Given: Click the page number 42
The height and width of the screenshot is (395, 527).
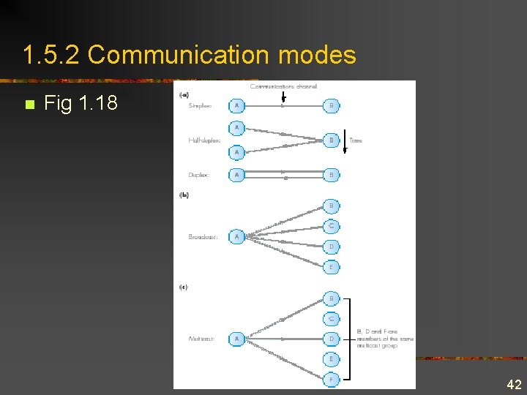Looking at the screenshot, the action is (x=514, y=385).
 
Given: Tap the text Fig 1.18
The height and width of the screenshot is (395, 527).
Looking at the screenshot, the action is (x=81, y=103).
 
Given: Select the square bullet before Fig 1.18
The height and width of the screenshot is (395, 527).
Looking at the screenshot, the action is (x=29, y=105).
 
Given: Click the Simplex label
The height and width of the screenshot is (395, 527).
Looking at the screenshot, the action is (x=200, y=106).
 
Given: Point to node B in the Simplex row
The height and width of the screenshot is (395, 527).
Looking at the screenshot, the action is (x=331, y=106).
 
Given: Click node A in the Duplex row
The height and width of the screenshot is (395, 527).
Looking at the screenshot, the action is (x=236, y=175).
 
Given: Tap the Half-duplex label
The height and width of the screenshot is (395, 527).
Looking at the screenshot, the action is (x=204, y=140).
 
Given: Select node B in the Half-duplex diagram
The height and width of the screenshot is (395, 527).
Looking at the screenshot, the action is (x=331, y=140).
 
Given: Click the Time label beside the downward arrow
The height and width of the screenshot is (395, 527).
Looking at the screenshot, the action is (x=356, y=140).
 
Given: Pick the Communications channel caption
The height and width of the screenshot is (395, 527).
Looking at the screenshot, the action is (x=284, y=86).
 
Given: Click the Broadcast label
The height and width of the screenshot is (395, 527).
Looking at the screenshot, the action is (x=202, y=237).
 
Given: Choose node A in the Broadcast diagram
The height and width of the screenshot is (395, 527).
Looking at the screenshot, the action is (x=236, y=237).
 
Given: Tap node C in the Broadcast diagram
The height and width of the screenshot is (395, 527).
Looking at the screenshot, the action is (x=331, y=226).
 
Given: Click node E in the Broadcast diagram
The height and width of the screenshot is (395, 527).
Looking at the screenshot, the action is (x=331, y=268).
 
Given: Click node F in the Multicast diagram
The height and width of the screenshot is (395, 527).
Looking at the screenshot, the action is (x=331, y=380).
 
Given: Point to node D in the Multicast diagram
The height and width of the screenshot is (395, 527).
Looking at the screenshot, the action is (x=331, y=339).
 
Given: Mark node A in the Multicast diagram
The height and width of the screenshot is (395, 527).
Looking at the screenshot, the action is (x=236, y=339).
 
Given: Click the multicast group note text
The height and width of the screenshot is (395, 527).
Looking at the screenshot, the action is (x=384, y=338).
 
